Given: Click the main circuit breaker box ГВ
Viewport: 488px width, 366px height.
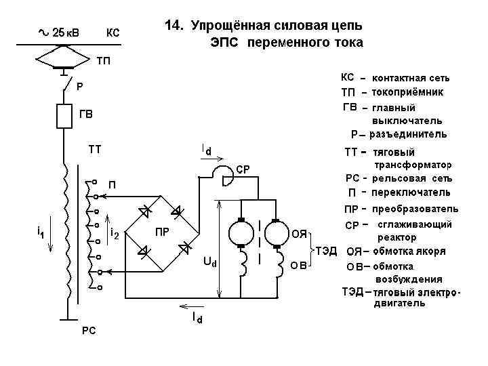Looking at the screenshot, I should pos(64,116).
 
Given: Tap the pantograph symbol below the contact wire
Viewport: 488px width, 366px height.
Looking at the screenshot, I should pos(64,58).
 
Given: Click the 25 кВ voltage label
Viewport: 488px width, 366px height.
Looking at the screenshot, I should pos(64,33).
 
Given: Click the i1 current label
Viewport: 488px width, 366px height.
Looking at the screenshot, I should pos(41,232).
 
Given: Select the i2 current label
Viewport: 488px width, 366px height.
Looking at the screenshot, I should pos(115,233).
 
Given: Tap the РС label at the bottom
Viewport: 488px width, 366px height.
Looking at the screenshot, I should pos(89,330).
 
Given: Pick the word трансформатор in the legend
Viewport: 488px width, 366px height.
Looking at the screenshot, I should pos(413,165).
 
